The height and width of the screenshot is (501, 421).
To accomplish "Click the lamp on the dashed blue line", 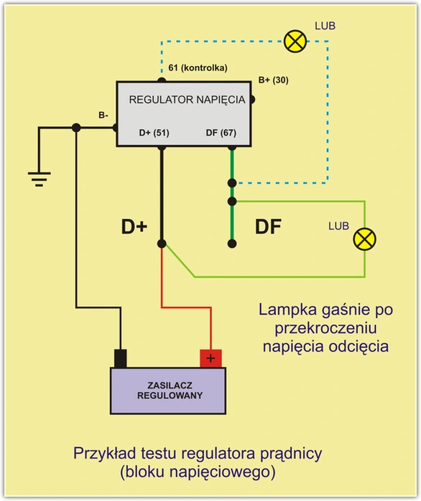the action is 295,42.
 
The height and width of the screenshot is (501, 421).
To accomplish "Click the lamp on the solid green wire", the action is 364,239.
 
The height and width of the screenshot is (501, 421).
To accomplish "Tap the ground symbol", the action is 40,179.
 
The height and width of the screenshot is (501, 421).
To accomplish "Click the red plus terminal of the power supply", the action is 210,358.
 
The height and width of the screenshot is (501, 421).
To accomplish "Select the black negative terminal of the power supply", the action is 120,358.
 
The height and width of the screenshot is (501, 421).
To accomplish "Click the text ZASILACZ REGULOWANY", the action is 170,390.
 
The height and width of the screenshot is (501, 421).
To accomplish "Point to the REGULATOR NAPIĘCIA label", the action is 187,100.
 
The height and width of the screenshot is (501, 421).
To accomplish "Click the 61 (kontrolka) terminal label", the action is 198,67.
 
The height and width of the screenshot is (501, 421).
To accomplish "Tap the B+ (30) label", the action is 273,80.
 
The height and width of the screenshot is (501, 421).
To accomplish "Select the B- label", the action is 103,116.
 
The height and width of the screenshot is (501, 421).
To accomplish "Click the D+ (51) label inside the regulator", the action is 154,133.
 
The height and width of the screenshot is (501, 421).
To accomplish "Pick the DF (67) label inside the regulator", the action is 221,133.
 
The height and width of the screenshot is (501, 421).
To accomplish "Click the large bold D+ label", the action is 134,227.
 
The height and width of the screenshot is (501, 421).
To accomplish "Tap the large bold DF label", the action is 268,227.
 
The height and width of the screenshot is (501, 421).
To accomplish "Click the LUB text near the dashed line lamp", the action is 325,26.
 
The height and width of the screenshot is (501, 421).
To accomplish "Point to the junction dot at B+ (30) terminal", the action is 251,100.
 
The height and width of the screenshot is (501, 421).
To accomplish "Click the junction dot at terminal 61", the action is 162,80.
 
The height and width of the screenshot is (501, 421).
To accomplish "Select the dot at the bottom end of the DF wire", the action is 232,244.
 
